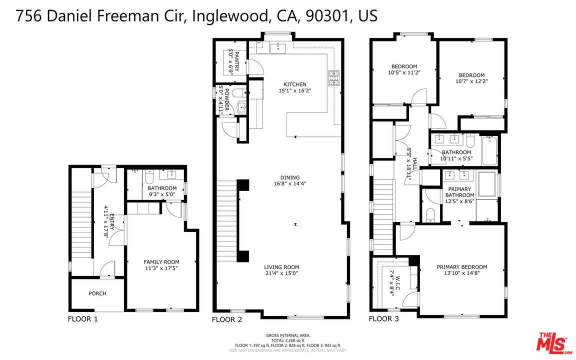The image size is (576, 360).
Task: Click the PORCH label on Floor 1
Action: click(x=97, y=293)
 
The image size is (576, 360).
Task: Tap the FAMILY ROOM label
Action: click(x=161, y=262)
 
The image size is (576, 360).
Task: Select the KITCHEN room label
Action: click(x=294, y=84)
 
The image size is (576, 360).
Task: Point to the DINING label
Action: click(x=290, y=177)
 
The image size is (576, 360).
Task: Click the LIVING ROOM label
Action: click(x=281, y=267)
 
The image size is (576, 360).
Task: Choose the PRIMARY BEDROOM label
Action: click(x=461, y=267)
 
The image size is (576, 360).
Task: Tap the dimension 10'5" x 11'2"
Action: click(x=403, y=72)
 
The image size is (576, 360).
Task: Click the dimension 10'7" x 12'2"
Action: click(x=471, y=81)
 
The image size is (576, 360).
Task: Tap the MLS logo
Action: click(x=553, y=342)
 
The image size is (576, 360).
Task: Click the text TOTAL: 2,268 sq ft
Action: click(x=287, y=340)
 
